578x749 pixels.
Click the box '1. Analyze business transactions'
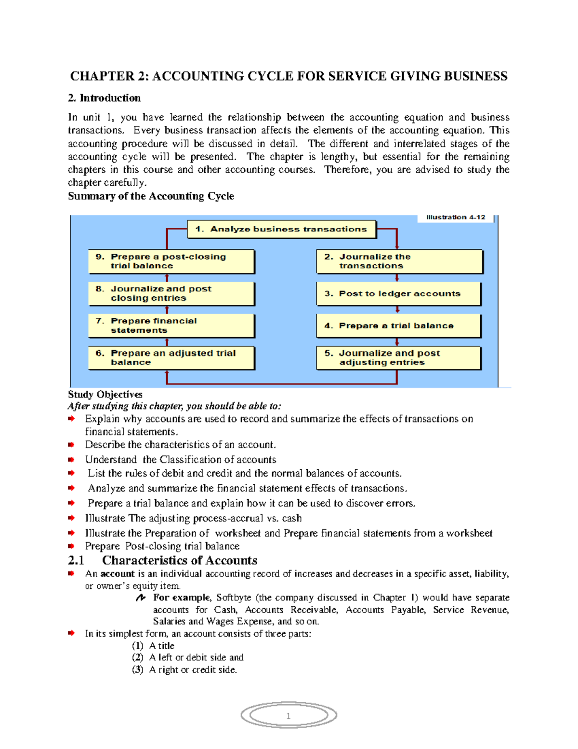click(281, 230)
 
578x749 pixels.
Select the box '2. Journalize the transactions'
click(399, 261)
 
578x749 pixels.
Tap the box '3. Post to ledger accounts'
click(399, 294)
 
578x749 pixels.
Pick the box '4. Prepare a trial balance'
click(399, 326)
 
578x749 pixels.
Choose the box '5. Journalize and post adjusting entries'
click(399, 358)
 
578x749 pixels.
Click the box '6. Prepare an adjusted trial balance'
click(171, 358)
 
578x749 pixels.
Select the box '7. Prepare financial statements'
click(171, 326)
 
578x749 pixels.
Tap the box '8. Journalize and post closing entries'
click(171, 294)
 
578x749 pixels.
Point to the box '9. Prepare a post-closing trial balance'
click(171, 261)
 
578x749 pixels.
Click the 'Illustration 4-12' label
click(456, 218)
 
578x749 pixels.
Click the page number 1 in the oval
click(289, 716)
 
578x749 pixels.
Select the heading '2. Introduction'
click(105, 98)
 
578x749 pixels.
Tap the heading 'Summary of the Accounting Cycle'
click(151, 196)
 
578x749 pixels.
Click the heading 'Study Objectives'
click(105, 395)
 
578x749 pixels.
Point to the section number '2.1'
click(76, 560)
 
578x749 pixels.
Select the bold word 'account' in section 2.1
click(118, 574)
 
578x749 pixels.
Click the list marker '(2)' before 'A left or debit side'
click(138, 657)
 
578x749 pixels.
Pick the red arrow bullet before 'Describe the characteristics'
click(71, 445)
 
